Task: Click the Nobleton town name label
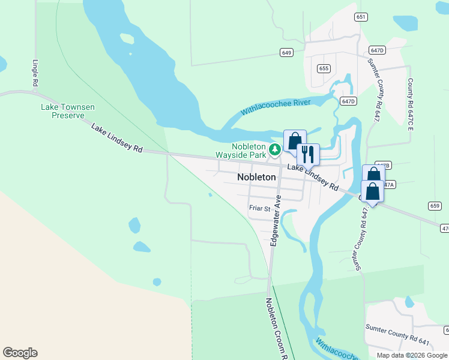[x=256, y=177]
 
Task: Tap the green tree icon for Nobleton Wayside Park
[x=275, y=149]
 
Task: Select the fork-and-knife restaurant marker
[x=308, y=154]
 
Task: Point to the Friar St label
[x=260, y=208]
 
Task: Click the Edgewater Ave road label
[x=276, y=221]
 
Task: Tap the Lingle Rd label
[x=35, y=72]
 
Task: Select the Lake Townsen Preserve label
[x=67, y=111]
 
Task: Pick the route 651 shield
[x=360, y=17]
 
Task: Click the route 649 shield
[x=286, y=53]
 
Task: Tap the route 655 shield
[x=324, y=68]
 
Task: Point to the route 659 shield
[x=435, y=206]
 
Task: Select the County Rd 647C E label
[x=411, y=102]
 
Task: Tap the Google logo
[x=20, y=353]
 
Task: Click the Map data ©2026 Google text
[x=411, y=355]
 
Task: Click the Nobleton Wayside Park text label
[x=249, y=151]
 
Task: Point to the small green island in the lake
[x=127, y=39]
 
